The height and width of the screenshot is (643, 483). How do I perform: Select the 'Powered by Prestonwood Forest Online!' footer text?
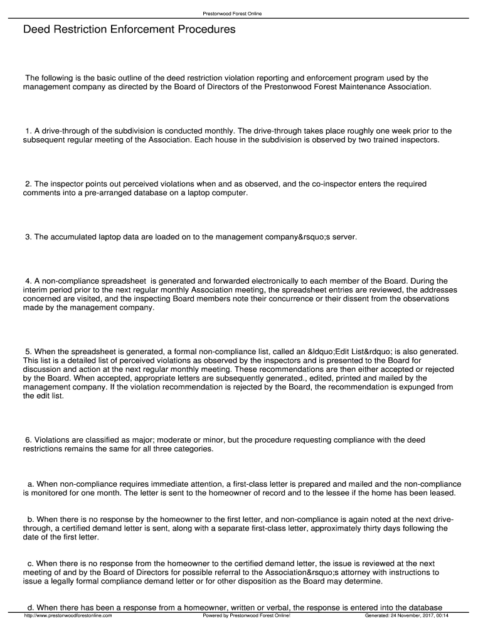(247, 615)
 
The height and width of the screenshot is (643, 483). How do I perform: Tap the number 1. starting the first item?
(29, 131)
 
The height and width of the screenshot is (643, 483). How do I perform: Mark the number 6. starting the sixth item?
(29, 440)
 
